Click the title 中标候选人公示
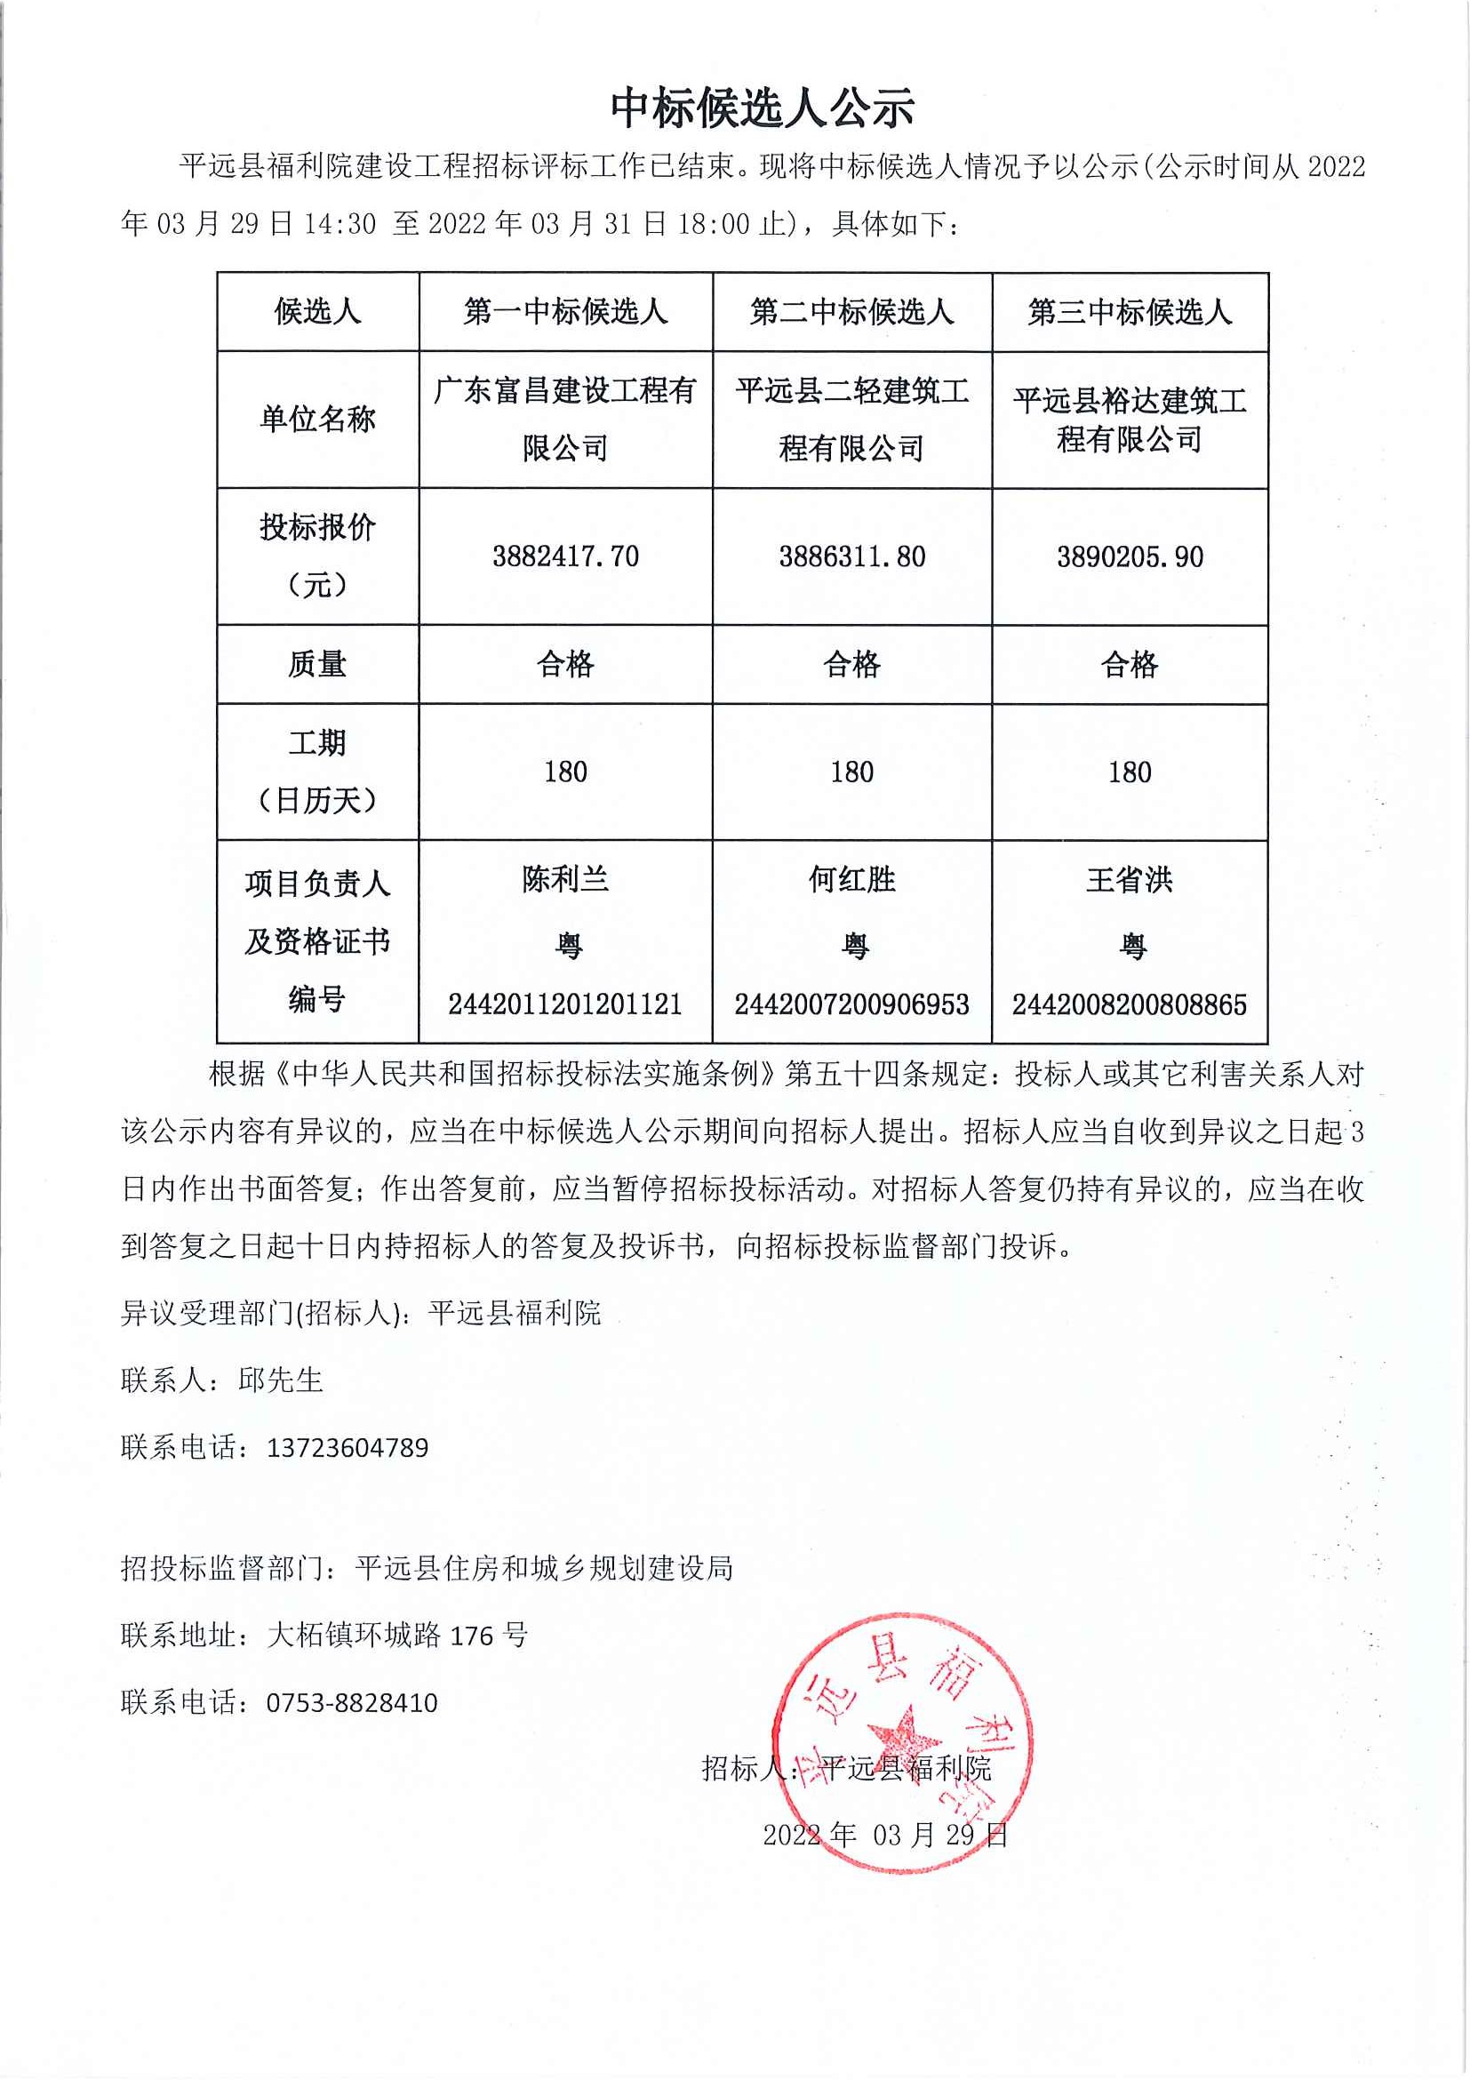(x=762, y=108)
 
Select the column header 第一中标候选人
(x=565, y=313)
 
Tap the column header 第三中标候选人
(x=1130, y=313)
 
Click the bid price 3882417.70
(x=565, y=556)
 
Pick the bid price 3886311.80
(x=851, y=556)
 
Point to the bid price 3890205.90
(x=1130, y=556)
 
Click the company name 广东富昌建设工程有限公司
(x=565, y=419)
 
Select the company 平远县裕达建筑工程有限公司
(x=1130, y=420)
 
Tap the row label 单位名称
(x=317, y=419)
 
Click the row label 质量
(x=317, y=664)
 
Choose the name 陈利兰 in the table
(x=565, y=880)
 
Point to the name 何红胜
(x=851, y=880)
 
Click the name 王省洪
(x=1130, y=880)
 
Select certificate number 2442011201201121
(x=565, y=1004)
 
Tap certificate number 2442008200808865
(x=1130, y=1004)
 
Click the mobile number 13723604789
(x=347, y=1448)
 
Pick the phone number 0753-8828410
(x=351, y=1702)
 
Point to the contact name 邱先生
(x=281, y=1380)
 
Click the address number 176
(x=471, y=1636)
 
